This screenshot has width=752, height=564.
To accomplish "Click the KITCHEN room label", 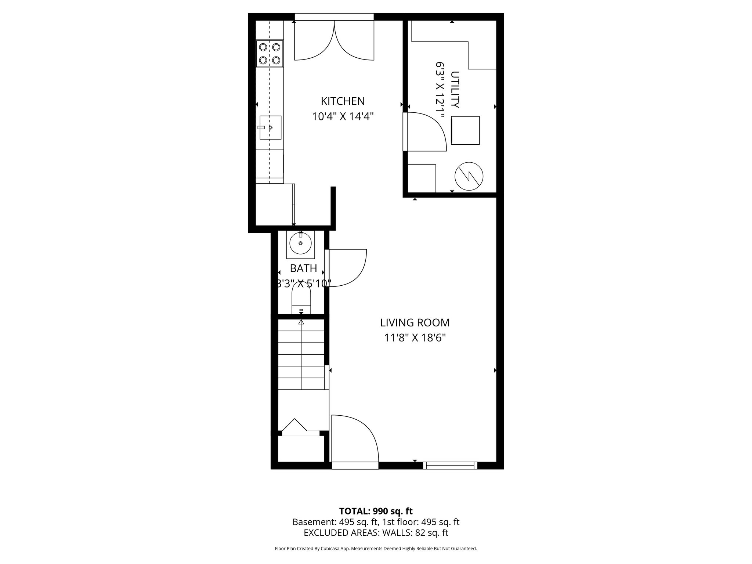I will [343, 101].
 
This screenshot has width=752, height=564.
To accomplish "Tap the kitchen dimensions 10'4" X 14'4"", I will [343, 117].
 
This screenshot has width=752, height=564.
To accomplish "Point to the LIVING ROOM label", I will [415, 323].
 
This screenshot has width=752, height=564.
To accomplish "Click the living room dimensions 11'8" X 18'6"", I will [415, 338].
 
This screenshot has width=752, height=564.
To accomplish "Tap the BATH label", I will [303, 268].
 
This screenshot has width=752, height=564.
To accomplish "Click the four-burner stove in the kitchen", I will [270, 54].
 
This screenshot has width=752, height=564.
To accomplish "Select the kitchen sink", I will [271, 127].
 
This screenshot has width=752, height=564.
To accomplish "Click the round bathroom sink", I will [300, 243].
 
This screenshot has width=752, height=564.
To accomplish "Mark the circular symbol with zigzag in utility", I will [469, 176].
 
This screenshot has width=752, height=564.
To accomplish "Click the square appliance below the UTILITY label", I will [465, 130].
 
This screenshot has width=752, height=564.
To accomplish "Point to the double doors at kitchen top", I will [334, 40].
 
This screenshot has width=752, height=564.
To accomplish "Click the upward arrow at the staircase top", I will [301, 322].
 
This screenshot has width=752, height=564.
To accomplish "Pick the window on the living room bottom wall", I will [450, 466].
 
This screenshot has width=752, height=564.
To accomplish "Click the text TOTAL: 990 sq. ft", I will [376, 511].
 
